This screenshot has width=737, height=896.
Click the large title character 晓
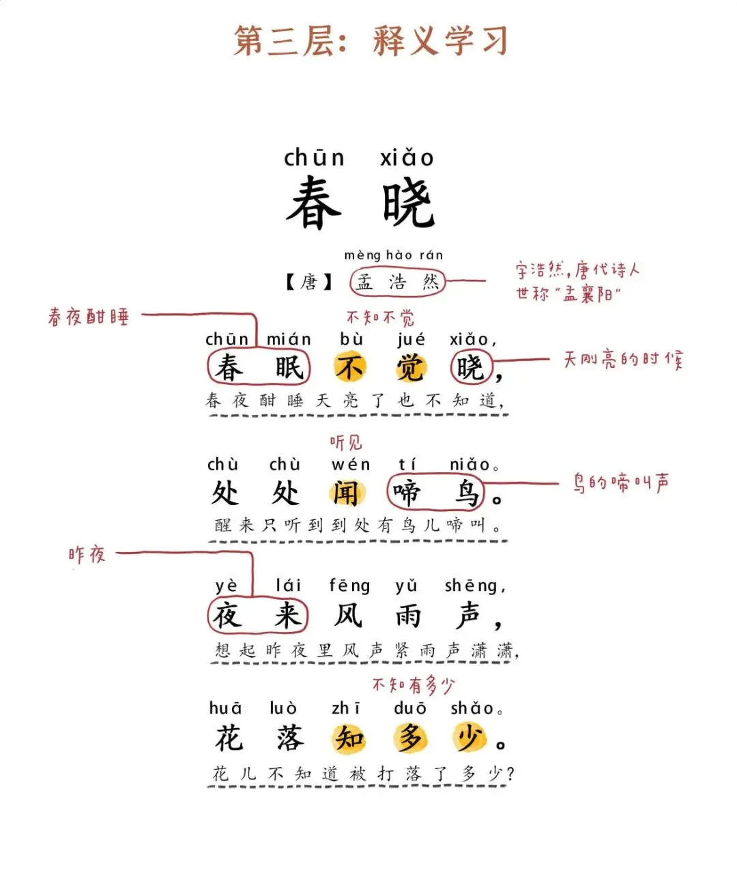[408, 203]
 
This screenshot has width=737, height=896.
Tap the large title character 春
[313, 203]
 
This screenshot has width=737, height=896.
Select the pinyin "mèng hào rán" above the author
[393, 255]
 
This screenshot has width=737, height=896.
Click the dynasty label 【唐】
[308, 282]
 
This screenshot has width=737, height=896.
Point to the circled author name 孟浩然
[397, 282]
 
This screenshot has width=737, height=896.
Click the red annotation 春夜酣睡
[89, 317]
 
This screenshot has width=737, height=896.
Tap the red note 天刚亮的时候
[622, 360]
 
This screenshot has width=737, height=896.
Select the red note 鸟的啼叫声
[620, 484]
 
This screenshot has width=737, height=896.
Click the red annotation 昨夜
[87, 554]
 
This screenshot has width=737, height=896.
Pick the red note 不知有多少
[413, 684]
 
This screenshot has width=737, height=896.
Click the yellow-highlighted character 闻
[347, 492]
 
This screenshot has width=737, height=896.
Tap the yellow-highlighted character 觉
[410, 368]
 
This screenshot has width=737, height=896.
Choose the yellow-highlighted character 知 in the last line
[349, 738]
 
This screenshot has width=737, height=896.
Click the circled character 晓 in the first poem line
[470, 368]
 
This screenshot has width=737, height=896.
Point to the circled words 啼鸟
[435, 493]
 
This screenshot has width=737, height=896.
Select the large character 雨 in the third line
[408, 616]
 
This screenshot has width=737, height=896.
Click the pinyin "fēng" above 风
[349, 586]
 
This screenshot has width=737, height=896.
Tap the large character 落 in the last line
[289, 738]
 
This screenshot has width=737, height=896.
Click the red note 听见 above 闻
[346, 444]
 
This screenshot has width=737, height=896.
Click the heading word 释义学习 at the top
[440, 41]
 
